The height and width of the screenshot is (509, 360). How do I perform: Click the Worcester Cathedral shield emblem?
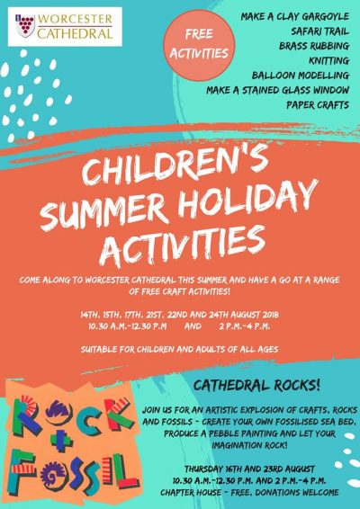[25, 26]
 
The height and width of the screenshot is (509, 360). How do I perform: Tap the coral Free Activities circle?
[199, 45]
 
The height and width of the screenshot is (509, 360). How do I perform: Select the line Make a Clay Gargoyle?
[294, 16]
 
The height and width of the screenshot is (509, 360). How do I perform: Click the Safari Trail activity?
[319, 31]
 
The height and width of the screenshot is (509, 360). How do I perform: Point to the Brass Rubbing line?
[314, 46]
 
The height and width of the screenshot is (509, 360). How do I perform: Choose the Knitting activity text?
[328, 61]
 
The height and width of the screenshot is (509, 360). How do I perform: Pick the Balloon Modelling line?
[301, 76]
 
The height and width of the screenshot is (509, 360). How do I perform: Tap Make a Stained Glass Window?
[278, 90]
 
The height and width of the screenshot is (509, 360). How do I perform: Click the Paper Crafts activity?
[318, 105]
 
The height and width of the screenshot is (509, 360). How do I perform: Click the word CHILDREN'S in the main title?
[175, 165]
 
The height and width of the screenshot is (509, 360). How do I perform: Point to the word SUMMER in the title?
[103, 212]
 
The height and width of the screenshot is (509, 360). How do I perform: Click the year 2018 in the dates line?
[271, 315]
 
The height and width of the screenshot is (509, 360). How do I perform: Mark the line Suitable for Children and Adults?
[179, 349]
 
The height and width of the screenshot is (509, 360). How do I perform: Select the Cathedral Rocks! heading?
[256, 386]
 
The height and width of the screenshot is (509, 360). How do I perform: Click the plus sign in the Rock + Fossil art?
[61, 440]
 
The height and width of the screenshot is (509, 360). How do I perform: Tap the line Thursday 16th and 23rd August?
[249, 469]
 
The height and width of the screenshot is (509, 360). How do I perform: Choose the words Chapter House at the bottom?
[191, 493]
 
